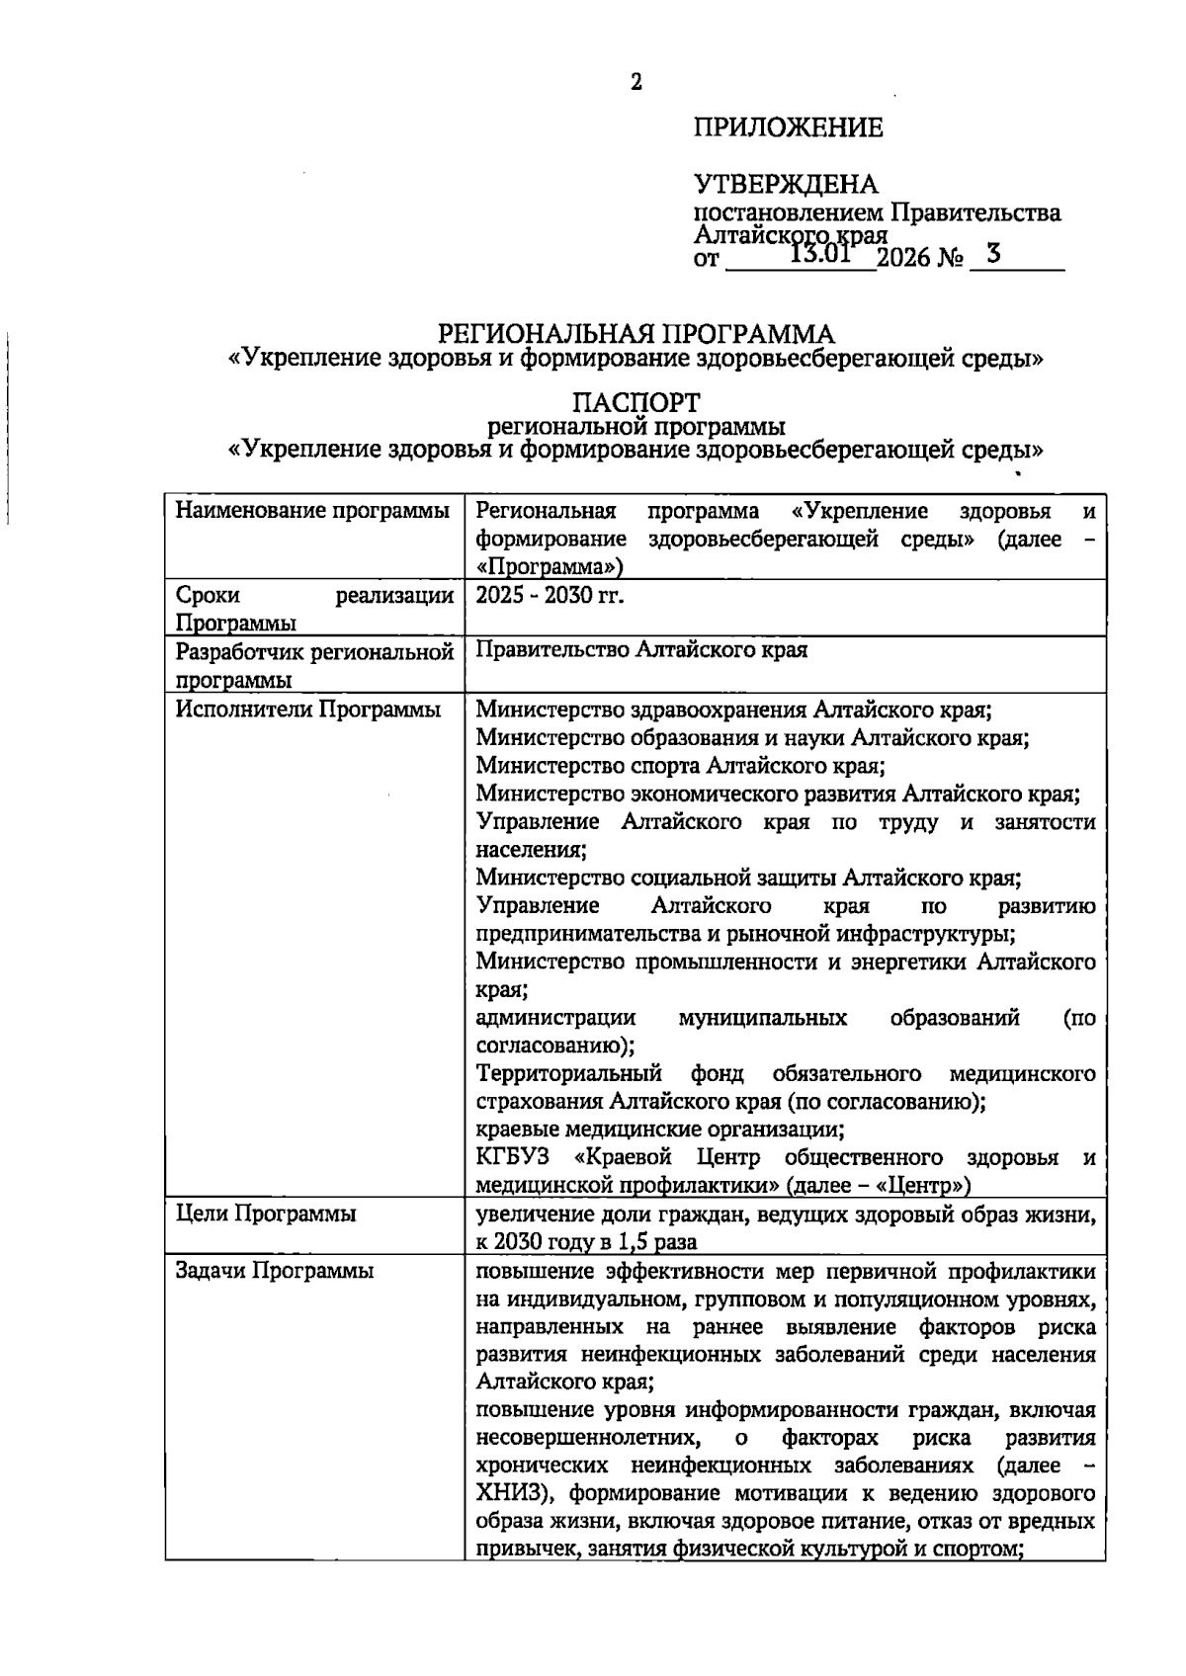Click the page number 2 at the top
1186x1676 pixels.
pyautogui.click(x=636, y=83)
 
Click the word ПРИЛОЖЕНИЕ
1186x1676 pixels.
pyautogui.click(x=788, y=127)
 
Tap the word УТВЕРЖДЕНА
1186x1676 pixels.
pyautogui.click(x=786, y=185)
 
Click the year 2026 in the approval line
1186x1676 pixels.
pyautogui.click(x=902, y=260)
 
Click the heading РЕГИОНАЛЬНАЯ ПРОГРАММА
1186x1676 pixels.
pyautogui.click(x=635, y=333)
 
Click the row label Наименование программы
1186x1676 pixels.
pyautogui.click(x=312, y=512)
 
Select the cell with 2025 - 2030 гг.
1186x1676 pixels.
pyautogui.click(x=550, y=595)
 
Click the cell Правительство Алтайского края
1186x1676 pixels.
pyautogui.click(x=641, y=650)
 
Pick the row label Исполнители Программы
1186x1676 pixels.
pyautogui.click(x=308, y=710)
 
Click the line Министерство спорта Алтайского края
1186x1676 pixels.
pyautogui.click(x=680, y=766)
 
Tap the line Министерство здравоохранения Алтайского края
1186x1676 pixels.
pyautogui.click(x=733, y=710)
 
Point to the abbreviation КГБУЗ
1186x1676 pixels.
pyautogui.click(x=512, y=1157)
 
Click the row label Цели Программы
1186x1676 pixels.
pyautogui.click(x=266, y=1214)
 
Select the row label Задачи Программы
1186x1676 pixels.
pyautogui.click(x=274, y=1272)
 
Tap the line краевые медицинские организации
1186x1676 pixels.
pyautogui.click(x=659, y=1129)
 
